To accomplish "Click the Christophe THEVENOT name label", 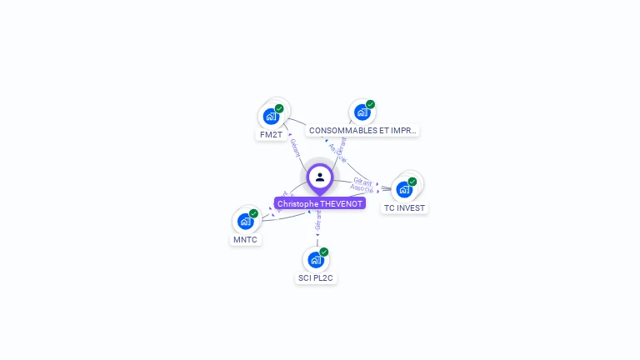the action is point(320,203).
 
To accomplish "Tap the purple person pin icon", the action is point(320,177).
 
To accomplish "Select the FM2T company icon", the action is point(270,116).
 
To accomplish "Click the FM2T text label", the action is point(271,134).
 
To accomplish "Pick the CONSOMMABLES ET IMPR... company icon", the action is point(361,112).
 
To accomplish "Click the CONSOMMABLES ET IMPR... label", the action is point(362,131).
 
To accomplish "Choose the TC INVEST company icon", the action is point(404,189).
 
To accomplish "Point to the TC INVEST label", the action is point(404,207).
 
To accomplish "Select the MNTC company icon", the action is point(245,221).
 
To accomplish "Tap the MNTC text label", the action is point(245,239).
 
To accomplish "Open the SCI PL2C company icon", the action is point(315,259).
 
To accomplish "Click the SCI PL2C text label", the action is point(316,277).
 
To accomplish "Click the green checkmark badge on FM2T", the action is point(279,108).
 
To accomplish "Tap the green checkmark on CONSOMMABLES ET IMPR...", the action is point(370,104).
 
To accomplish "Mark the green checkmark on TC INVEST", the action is point(412,182).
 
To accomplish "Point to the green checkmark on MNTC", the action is point(253,213).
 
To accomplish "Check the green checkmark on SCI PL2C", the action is point(324,252).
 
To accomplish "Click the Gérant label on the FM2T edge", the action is point(295,148).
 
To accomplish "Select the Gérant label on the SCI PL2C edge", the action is point(317,220).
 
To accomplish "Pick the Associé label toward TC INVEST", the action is point(362,188).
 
